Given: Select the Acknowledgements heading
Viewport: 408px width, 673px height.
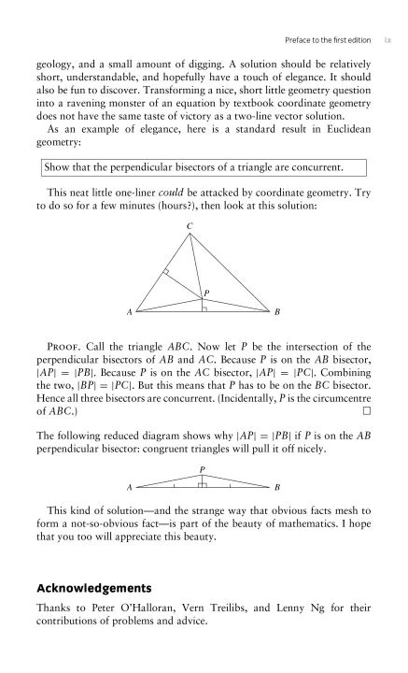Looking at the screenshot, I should pyautogui.click(x=96, y=588).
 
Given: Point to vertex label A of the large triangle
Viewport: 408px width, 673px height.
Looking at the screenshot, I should pyautogui.click(x=130, y=311).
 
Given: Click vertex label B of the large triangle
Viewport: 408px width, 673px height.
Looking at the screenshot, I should pyautogui.click(x=276, y=311).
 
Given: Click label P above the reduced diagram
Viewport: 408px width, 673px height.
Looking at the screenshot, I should pyautogui.click(x=202, y=469).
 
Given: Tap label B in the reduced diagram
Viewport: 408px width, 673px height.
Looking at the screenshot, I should pyautogui.click(x=277, y=488).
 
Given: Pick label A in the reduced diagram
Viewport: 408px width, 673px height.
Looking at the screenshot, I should pyautogui.click(x=130, y=488).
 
